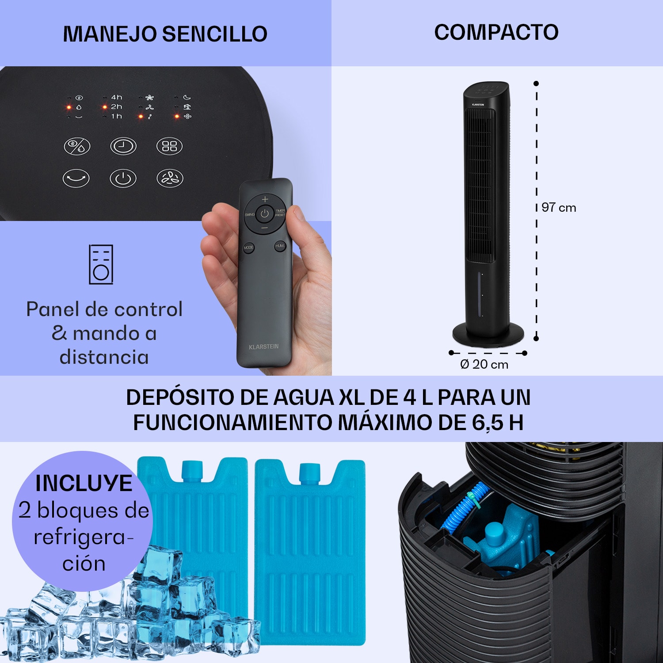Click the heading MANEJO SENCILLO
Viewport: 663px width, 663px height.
click(165, 34)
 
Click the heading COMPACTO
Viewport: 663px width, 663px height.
click(496, 32)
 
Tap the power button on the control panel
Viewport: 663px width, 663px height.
click(123, 179)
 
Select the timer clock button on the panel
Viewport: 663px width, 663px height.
click(123, 146)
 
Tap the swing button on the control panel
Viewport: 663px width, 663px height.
click(76, 179)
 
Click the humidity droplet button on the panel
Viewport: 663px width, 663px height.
click(77, 146)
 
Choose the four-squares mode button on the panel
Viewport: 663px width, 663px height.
click(169, 146)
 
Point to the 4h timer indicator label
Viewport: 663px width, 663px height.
click(116, 97)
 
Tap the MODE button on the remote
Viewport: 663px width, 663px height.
click(248, 248)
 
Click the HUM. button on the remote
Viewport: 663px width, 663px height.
click(280, 246)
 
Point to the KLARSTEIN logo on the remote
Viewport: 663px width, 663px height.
click(264, 347)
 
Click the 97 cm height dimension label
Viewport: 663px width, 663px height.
click(559, 208)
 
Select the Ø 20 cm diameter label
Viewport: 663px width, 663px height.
click(484, 365)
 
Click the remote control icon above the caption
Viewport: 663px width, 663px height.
click(101, 264)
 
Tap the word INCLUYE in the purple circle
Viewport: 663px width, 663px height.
click(84, 483)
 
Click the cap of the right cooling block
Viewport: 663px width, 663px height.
click(309, 472)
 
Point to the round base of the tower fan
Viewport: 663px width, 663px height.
click(488, 334)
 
